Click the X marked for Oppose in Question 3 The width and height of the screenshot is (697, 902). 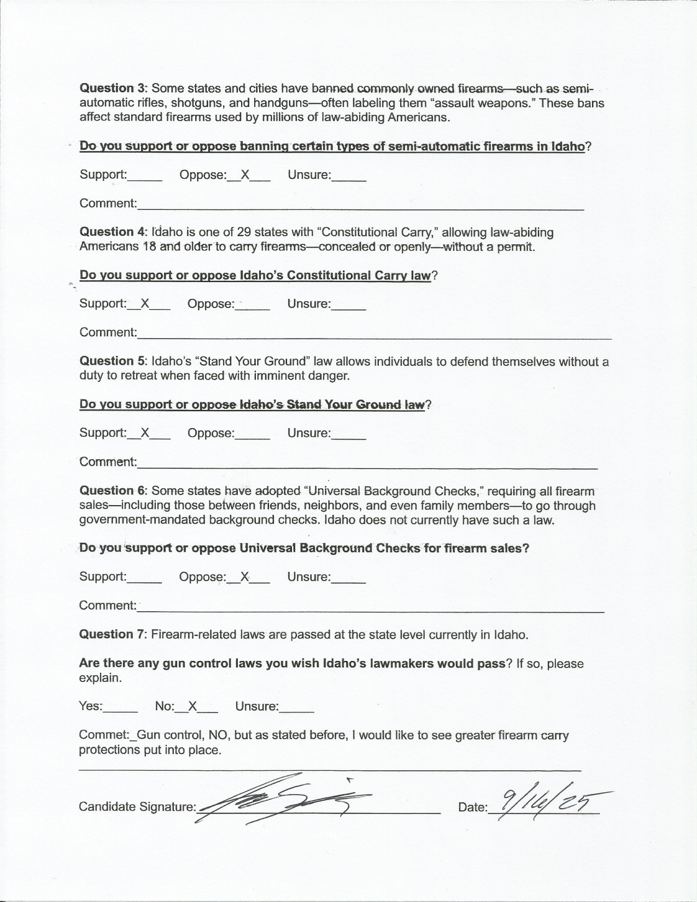[245, 175]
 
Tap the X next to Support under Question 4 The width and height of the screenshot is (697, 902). [145, 303]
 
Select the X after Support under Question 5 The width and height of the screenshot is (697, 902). [145, 432]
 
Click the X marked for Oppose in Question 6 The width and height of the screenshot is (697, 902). [245, 576]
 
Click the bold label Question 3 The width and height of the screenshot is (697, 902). [107, 89]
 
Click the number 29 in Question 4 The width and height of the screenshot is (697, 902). [244, 232]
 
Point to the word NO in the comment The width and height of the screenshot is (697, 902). [219, 735]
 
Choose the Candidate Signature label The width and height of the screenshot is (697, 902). [137, 806]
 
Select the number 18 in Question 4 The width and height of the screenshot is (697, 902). [149, 247]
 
